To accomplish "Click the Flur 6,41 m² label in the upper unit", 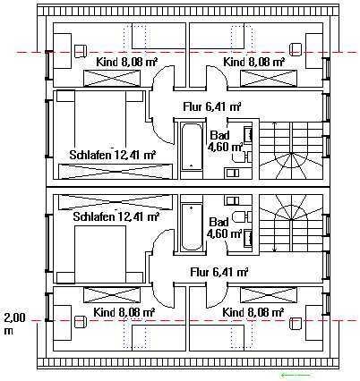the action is (x=212, y=106).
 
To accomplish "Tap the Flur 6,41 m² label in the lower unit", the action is (x=219, y=272).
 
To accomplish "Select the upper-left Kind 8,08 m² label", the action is (x=127, y=62).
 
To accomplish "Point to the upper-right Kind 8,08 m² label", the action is (x=253, y=62).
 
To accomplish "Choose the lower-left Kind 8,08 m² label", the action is (x=124, y=312).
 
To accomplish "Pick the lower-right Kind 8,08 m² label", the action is (x=253, y=312).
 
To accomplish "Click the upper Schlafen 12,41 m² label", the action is (x=112, y=155).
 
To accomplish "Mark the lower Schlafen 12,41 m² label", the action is (x=116, y=216).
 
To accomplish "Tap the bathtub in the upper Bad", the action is (x=192, y=147).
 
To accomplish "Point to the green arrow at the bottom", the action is (x=296, y=375).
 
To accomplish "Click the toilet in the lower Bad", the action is (x=241, y=216).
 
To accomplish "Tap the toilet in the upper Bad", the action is (x=241, y=157).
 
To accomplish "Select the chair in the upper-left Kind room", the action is (x=80, y=51).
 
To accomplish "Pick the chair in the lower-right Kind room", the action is (x=296, y=323).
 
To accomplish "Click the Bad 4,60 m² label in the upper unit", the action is (x=225, y=140).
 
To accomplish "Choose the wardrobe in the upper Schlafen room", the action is (x=116, y=172).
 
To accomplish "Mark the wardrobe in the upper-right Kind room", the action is (x=269, y=78).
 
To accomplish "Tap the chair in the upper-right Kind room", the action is (x=296, y=49).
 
